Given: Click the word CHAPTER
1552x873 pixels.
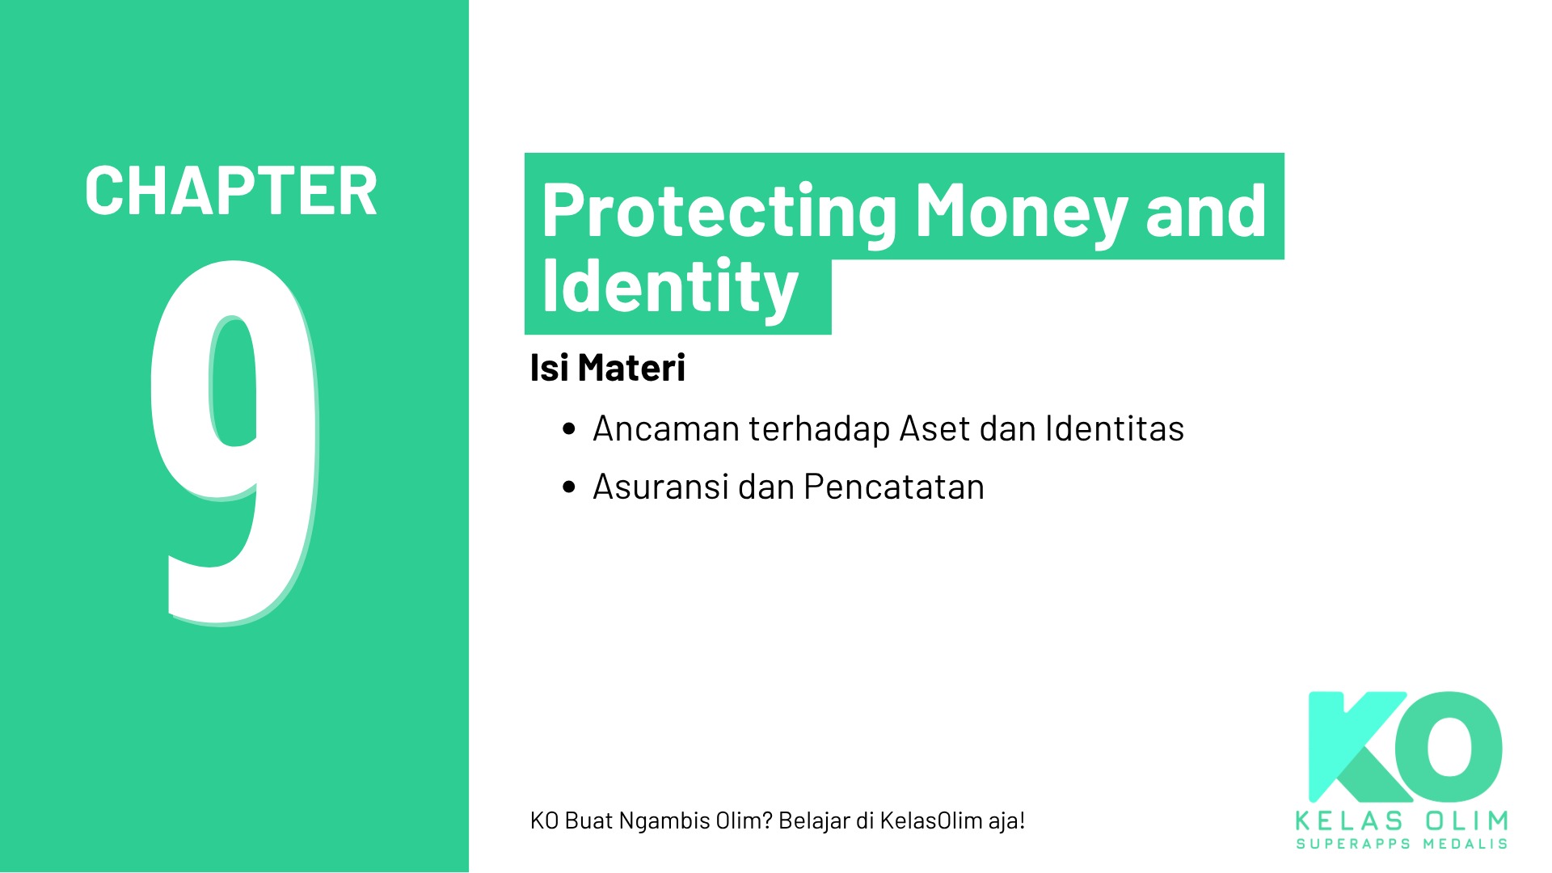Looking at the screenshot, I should [x=231, y=192].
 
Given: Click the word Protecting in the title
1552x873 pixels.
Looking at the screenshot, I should [x=719, y=212].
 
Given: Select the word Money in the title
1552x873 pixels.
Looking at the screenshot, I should [x=1021, y=212].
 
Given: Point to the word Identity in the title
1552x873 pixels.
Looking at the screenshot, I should [x=670, y=287].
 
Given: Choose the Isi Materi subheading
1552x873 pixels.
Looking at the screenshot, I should [x=607, y=368].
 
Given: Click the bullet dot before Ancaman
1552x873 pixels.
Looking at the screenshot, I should [x=569, y=429].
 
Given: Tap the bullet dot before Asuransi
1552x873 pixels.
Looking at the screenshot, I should [x=569, y=487].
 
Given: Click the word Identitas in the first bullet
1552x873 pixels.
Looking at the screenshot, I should [x=1114, y=428].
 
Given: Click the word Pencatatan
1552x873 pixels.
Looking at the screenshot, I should [x=893, y=487].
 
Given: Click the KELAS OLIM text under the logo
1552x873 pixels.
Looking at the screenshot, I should [x=1402, y=821].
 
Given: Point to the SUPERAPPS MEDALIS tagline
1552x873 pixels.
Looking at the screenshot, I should [x=1402, y=844].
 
